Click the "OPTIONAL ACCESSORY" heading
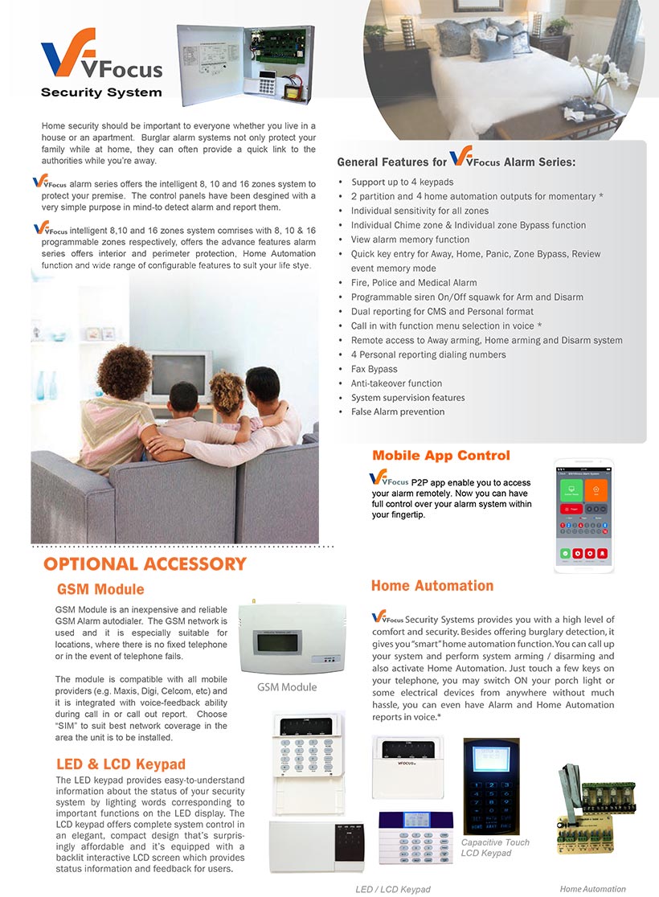click(145, 564)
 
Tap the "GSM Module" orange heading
click(100, 589)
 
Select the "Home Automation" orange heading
click(432, 586)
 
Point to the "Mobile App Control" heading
click(441, 456)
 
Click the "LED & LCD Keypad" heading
click(121, 764)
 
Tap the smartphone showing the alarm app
click(584, 516)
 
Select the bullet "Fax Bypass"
click(374, 369)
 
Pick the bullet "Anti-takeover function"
click(396, 383)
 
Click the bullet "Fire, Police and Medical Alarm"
click(413, 283)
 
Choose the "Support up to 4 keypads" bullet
click(402, 182)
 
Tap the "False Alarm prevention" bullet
click(397, 412)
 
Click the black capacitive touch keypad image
click(491, 785)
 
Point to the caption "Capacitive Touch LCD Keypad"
click(495, 847)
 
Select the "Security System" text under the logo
click(101, 92)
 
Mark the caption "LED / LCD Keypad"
click(393, 889)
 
